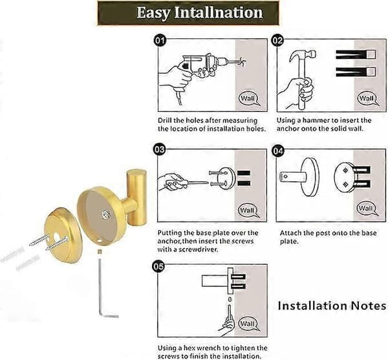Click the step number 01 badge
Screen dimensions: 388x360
pos(160,40)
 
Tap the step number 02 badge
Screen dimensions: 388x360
pos(277,40)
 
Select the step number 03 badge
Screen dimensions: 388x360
pos(159,150)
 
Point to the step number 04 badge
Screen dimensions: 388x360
pos(277,151)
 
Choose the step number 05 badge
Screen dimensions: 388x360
pos(158,266)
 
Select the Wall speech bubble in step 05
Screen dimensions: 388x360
pos(248,324)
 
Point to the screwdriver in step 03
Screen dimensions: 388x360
pos(192,184)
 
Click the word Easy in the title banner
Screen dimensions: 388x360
pos(153,13)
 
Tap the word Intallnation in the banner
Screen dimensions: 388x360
pos(219,12)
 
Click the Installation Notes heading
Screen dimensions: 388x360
pos(332,306)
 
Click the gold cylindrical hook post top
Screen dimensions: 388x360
pos(136,172)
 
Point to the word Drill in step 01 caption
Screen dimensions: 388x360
pos(164,120)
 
